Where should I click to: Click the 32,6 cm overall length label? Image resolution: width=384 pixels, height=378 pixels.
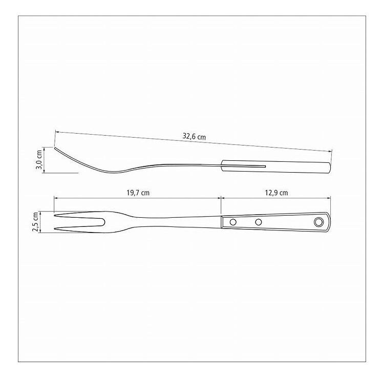pos(194,136)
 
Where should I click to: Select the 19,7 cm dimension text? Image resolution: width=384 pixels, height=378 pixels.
pos(138,193)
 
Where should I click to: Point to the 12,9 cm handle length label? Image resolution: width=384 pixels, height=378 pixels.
pos(276,193)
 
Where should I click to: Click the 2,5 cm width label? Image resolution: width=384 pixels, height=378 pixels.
pos(36,222)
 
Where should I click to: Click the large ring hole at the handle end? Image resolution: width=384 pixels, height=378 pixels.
pos(318,222)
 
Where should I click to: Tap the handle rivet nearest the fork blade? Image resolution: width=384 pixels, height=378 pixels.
pos(233,222)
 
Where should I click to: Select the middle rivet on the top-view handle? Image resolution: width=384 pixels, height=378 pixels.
pos(258,222)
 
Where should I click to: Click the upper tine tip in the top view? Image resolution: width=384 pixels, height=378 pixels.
pos(54,216)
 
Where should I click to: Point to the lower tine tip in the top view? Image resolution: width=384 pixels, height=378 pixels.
pos(54,228)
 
